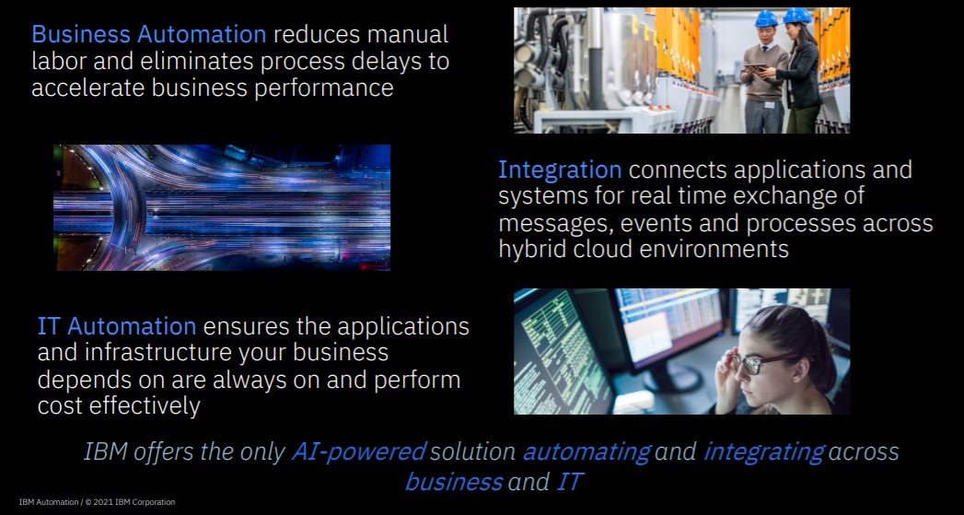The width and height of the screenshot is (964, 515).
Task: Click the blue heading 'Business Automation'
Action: click(148, 35)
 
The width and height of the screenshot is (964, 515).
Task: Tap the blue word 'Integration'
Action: click(560, 170)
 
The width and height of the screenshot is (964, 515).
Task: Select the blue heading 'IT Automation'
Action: click(117, 326)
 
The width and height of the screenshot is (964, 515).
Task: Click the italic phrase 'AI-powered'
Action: click(359, 452)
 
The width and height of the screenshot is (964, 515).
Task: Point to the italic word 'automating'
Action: click(587, 452)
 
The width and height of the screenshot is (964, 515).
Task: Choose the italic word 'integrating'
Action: click(763, 452)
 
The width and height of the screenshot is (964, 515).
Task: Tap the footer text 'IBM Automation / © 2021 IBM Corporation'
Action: click(97, 502)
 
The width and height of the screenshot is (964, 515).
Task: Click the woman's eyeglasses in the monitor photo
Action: click(757, 362)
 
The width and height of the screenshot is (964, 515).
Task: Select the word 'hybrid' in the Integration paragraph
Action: click(532, 249)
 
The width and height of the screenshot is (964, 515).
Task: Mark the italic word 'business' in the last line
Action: click(454, 481)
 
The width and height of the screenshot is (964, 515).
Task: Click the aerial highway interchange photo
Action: click(222, 207)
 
